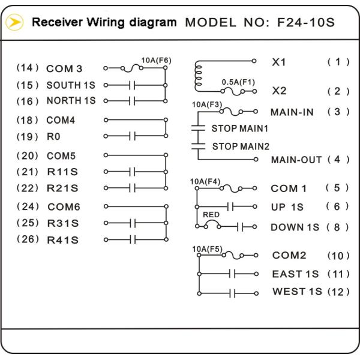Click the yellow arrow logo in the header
(14, 23)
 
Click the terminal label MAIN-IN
(292, 112)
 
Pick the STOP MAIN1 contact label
(240, 128)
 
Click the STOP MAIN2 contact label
(240, 146)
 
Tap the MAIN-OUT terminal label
(297, 160)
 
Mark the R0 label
(55, 137)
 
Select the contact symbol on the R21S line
(132, 188)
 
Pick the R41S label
(63, 240)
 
